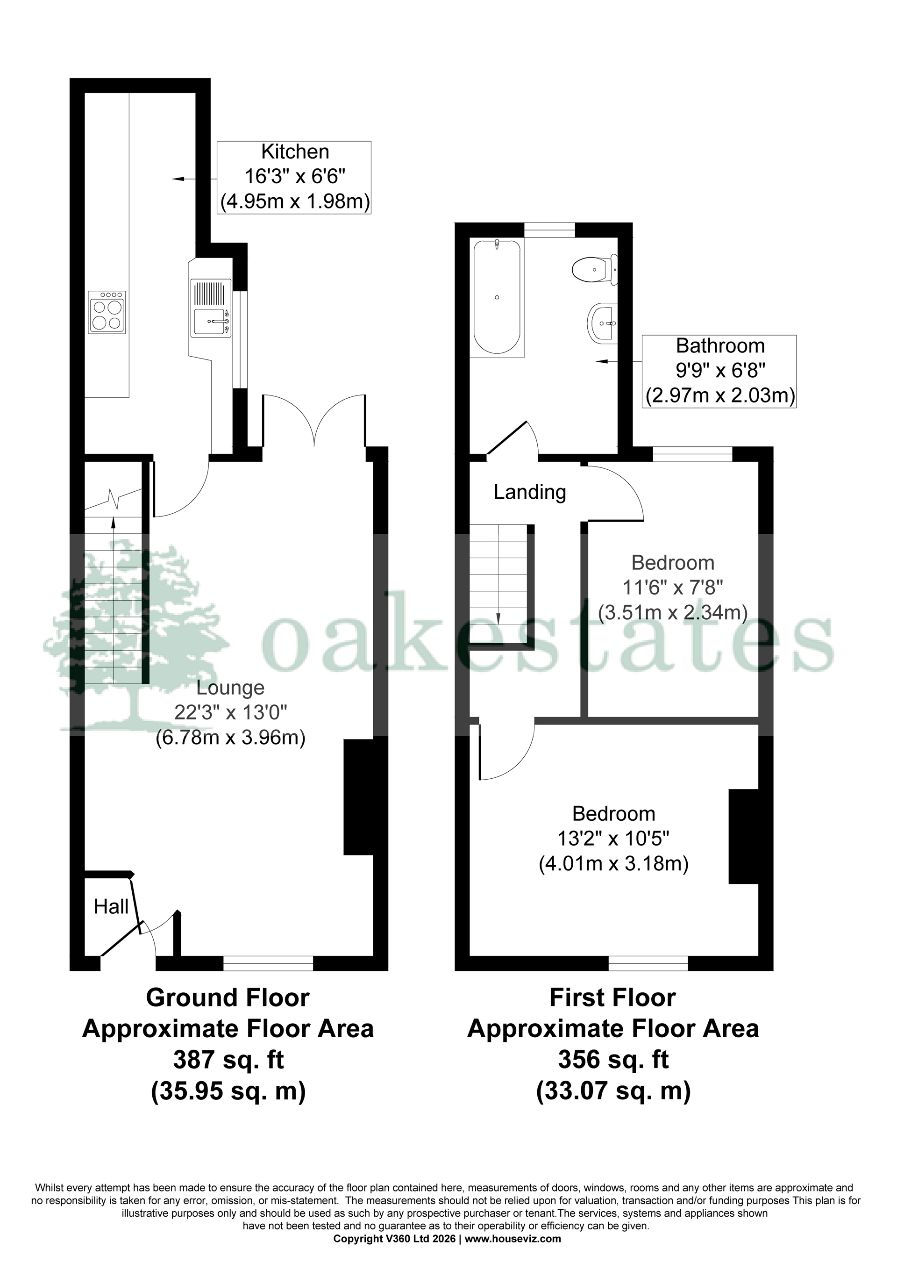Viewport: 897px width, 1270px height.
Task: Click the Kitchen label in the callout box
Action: pos(295,151)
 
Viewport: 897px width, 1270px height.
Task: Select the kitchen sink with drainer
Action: pos(211,308)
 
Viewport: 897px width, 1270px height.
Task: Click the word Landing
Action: pos(529,492)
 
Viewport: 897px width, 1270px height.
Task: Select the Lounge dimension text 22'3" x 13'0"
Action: pos(231,713)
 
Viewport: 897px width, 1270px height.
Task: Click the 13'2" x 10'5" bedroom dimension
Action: pos(613,839)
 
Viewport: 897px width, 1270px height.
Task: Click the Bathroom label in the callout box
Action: pos(720,346)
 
